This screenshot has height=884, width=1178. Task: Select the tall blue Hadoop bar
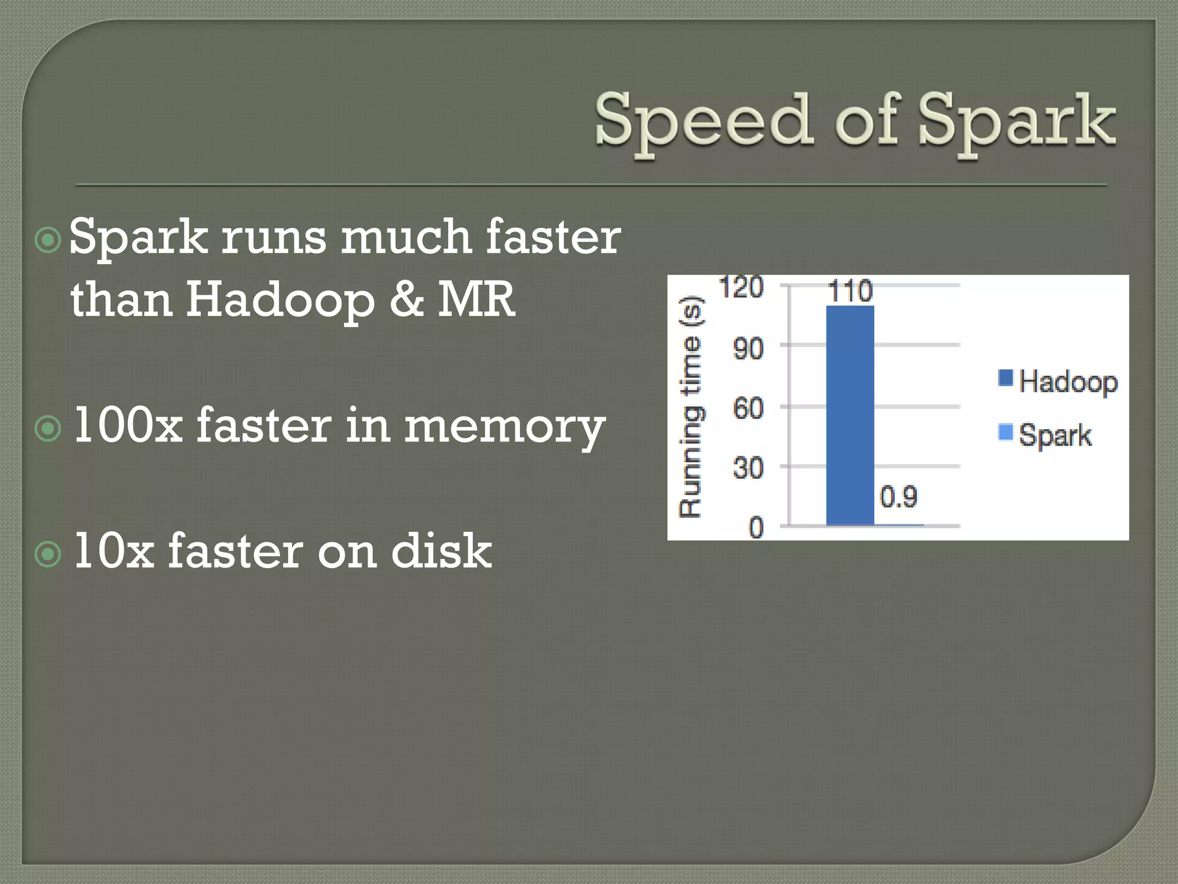(x=850, y=414)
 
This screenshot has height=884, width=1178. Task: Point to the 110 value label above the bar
(x=850, y=291)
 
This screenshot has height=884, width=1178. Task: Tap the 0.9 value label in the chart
(x=898, y=496)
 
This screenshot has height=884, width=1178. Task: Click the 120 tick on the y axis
(x=741, y=287)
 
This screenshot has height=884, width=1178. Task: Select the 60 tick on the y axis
(x=748, y=409)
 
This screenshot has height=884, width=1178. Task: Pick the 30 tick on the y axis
(x=748, y=468)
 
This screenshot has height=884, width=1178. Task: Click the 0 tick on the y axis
(x=756, y=527)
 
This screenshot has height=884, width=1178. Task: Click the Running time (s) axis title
(x=691, y=407)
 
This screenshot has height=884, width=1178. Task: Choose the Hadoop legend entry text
(x=1068, y=382)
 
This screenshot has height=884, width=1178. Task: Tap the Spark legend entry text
(x=1054, y=435)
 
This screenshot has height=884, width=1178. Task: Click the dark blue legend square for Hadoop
(x=1005, y=378)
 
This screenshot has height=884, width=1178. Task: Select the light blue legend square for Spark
(x=1005, y=431)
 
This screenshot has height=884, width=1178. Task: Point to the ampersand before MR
(x=407, y=299)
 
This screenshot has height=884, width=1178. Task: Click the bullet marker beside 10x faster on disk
(x=48, y=555)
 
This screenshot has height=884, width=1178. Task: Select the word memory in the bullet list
(x=504, y=427)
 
